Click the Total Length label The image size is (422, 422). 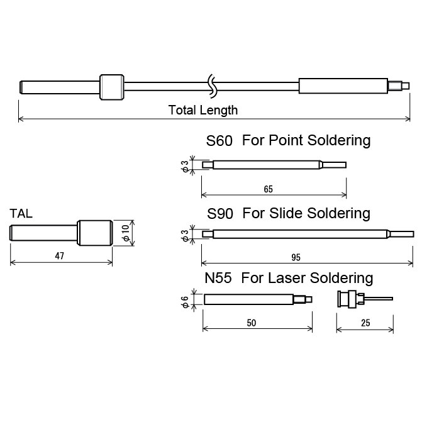[203, 110]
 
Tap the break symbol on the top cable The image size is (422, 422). [212, 86]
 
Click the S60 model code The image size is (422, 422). [219, 141]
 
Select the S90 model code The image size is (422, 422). [220, 214]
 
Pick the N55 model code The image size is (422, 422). [218, 278]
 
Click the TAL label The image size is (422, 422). [21, 214]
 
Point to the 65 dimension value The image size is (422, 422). [269, 189]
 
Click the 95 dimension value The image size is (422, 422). [296, 258]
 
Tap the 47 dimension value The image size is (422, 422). [60, 256]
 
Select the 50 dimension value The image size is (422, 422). [252, 323]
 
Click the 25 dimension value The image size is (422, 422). [365, 323]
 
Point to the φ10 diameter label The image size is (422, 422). [126, 233]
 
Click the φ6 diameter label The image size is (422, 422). [185, 302]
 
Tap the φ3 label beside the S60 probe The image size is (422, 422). [185, 166]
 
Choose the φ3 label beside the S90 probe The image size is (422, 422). [185, 235]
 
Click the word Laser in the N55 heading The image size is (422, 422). [289, 278]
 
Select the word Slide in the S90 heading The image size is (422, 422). [286, 213]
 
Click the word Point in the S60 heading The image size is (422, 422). [286, 140]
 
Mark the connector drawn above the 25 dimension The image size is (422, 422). [365, 299]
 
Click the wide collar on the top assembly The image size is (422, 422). [112, 87]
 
